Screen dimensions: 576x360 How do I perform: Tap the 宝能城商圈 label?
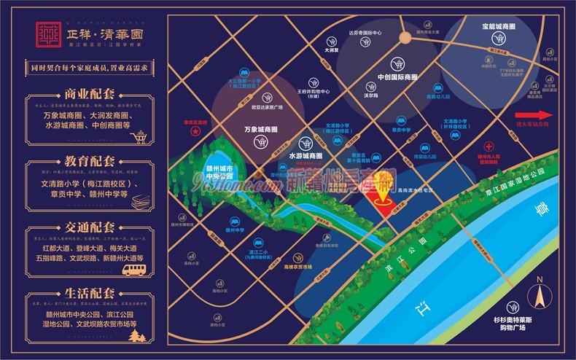[498, 26]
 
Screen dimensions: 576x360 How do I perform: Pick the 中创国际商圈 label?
[397, 77]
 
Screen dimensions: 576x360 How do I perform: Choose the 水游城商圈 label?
[305, 156]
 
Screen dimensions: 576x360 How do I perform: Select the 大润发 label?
[332, 51]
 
